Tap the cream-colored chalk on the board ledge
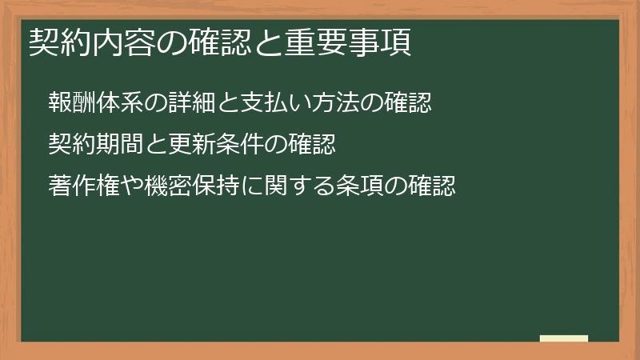pyautogui.click(x=564, y=338)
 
